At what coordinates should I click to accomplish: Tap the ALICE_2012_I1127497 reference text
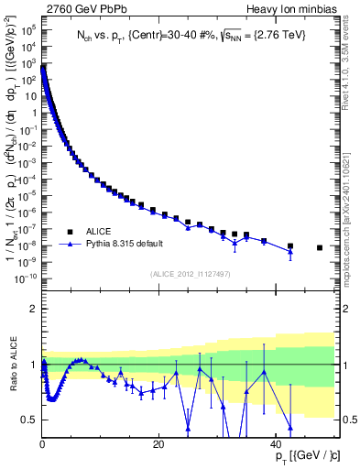point(189,273)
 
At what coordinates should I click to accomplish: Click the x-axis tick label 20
point(158,444)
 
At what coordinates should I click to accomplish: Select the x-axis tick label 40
point(276,444)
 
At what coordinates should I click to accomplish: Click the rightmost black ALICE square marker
point(320,247)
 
